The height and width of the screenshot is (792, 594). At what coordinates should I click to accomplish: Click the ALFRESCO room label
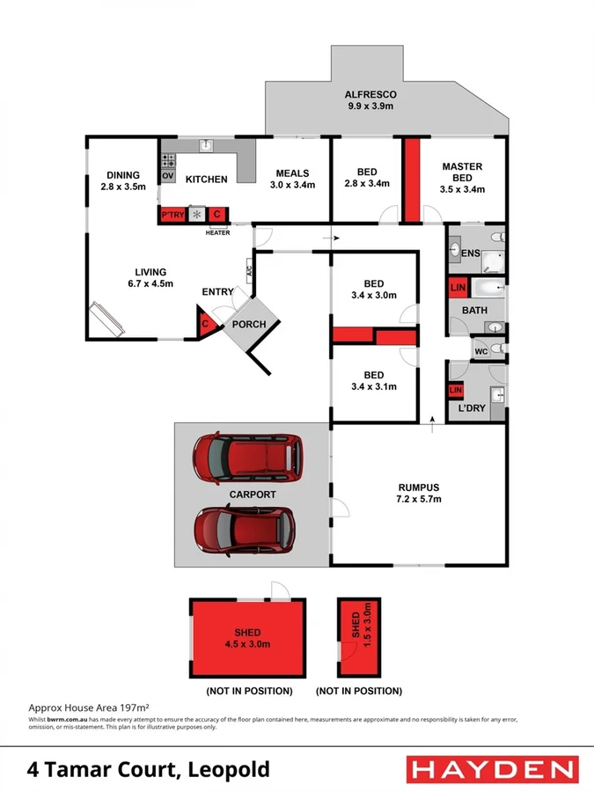[x=370, y=94]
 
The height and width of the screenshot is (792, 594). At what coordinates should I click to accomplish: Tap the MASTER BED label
[x=462, y=172]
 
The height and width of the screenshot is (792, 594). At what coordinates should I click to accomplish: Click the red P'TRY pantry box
[x=172, y=214]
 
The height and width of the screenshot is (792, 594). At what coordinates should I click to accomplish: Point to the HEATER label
[x=217, y=232]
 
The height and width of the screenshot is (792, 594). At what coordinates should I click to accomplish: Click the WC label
[x=480, y=351]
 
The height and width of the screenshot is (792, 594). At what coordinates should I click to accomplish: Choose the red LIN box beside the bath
[x=457, y=288]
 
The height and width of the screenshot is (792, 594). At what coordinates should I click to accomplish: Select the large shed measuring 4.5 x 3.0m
[x=248, y=638]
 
